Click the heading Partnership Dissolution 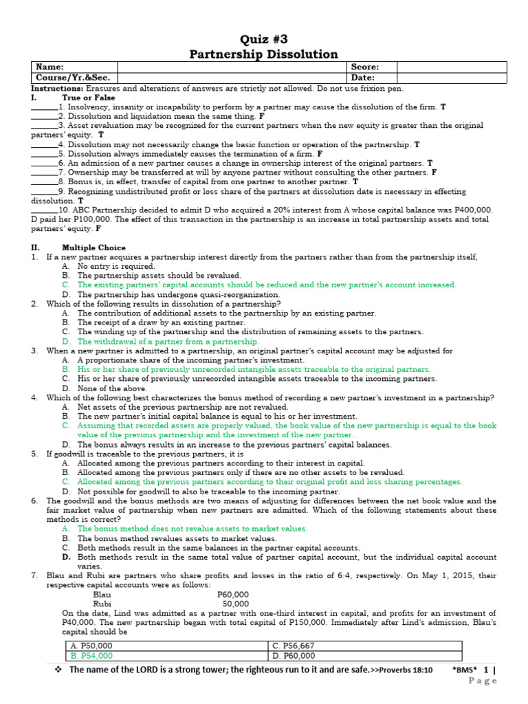(263, 54)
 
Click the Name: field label (49, 67)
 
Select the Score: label (364, 67)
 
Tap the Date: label (362, 78)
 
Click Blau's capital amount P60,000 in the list (233, 594)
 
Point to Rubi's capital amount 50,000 (236, 603)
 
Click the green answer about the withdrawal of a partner (168, 341)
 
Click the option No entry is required (116, 266)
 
